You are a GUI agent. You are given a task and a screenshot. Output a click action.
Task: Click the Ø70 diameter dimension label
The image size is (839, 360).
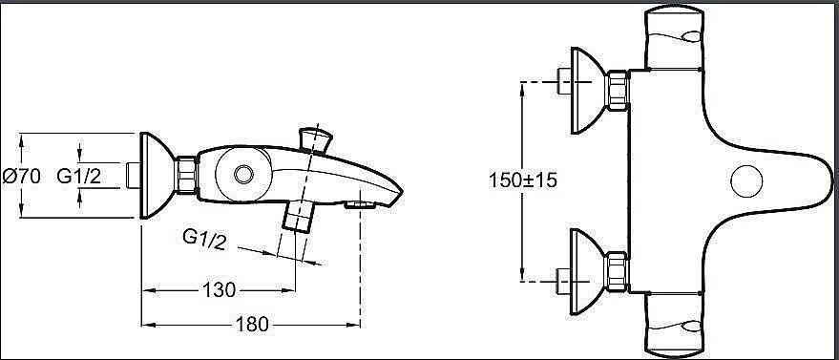pos(21,176)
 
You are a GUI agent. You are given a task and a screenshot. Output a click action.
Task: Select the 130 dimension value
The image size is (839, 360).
pos(219,290)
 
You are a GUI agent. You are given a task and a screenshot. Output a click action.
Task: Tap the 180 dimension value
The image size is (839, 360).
pos(252,324)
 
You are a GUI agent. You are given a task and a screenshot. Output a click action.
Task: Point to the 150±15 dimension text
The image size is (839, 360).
pos(523,180)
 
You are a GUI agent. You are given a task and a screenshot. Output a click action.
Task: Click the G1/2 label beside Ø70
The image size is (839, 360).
pos(78,176)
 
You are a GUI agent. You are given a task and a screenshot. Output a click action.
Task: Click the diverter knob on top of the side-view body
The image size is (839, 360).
pos(315,139)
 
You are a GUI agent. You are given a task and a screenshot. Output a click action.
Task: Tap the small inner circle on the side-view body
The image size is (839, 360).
pos(243,174)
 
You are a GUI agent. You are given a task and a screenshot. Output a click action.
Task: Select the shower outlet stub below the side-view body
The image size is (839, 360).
pos(299,217)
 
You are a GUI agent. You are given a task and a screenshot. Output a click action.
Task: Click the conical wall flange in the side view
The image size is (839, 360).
pos(157,176)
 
